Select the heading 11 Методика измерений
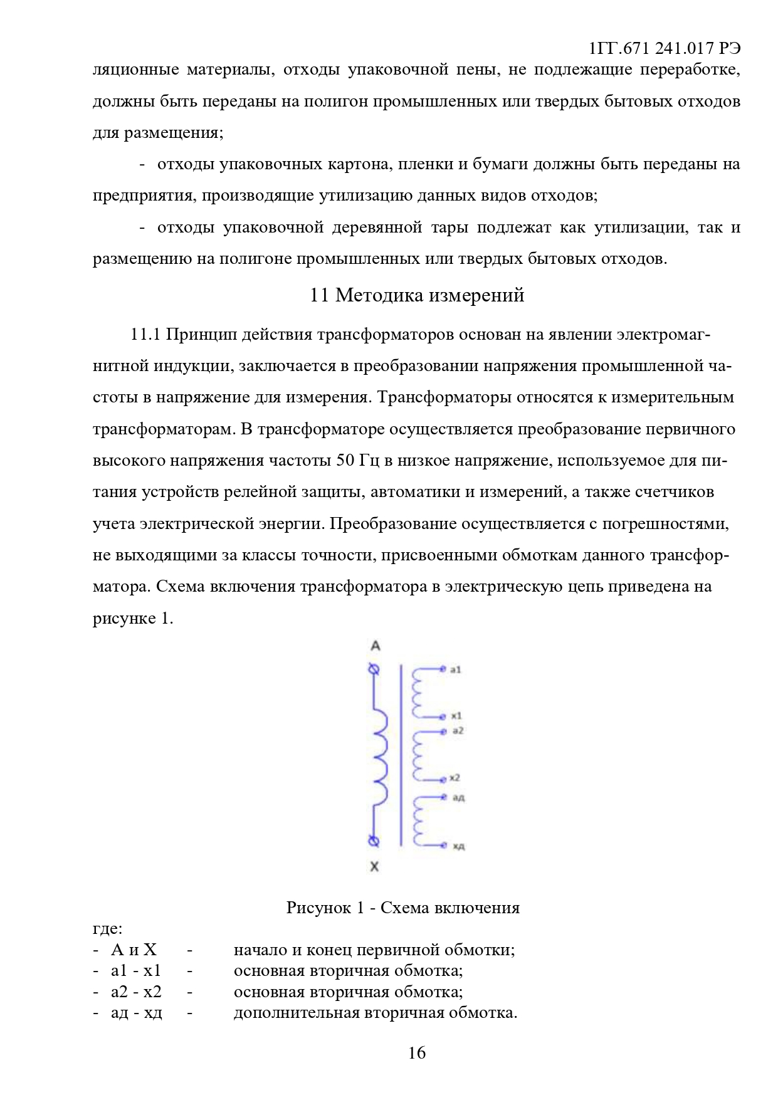(x=417, y=295)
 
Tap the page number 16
(x=417, y=1052)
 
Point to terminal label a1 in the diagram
(x=455, y=669)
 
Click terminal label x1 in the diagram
(x=456, y=715)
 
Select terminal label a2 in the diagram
(x=457, y=730)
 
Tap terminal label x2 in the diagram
(x=455, y=778)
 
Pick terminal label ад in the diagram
(x=458, y=797)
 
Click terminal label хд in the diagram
(x=459, y=846)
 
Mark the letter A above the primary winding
(x=376, y=646)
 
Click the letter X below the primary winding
(x=374, y=867)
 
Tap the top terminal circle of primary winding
(x=374, y=669)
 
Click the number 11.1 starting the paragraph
(x=146, y=334)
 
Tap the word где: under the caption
(x=107, y=928)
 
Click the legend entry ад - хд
(x=137, y=1012)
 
